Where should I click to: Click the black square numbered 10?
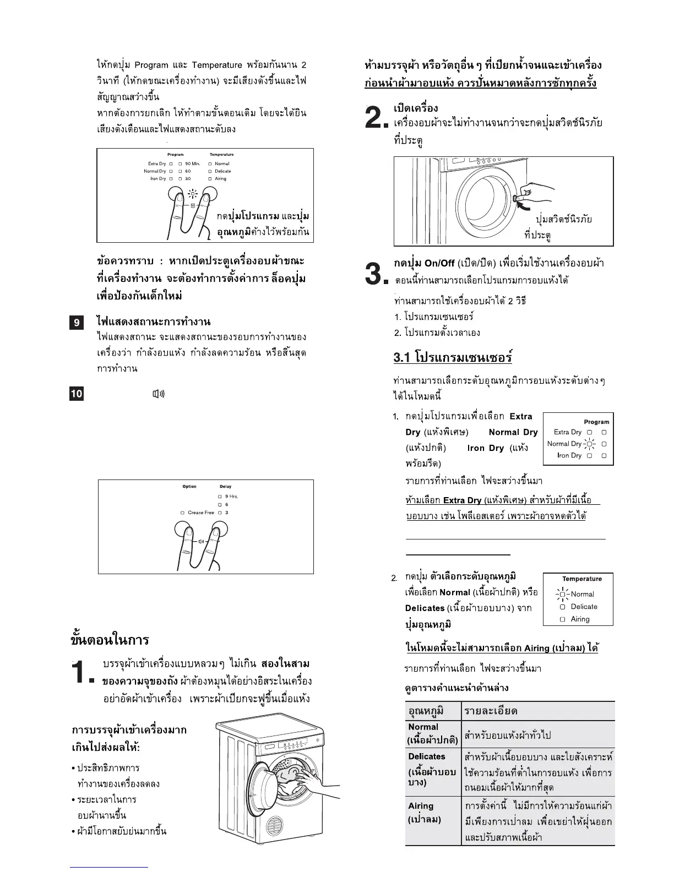pyautogui.click(x=77, y=394)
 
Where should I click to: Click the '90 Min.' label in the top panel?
pyautogui.click(x=192, y=164)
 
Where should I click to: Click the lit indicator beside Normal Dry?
pyautogui.click(x=589, y=444)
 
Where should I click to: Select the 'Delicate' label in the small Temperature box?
pyautogui.click(x=584, y=607)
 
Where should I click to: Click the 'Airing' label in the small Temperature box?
pyautogui.click(x=580, y=619)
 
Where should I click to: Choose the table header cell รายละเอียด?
pyautogui.click(x=491, y=711)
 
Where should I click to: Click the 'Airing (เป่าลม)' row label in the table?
pyautogui.click(x=425, y=813)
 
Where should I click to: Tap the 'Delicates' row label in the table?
pyautogui.click(x=427, y=756)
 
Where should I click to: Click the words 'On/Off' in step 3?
pyautogui.click(x=440, y=263)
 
